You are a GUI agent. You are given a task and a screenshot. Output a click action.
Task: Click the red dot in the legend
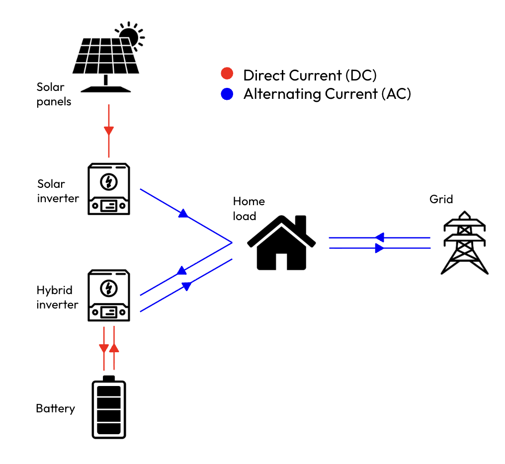[x=227, y=75]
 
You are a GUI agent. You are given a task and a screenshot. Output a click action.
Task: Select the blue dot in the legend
[x=227, y=94]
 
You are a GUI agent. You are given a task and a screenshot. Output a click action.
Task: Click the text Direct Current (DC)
[x=310, y=76]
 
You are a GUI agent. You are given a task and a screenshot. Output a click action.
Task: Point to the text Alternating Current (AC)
[x=327, y=94]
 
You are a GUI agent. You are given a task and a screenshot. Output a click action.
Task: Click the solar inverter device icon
[x=109, y=189]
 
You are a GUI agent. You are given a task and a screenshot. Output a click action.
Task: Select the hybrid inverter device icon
[x=109, y=296]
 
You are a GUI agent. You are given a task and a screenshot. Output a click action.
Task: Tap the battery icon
[x=109, y=408]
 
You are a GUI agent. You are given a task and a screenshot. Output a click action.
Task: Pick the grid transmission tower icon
[x=464, y=243]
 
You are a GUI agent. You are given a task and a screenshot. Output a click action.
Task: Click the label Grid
[x=441, y=200]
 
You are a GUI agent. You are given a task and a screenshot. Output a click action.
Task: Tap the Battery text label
[x=55, y=409]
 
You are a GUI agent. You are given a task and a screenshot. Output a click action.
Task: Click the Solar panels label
[x=54, y=94]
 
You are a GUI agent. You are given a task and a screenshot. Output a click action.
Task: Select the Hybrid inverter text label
[x=57, y=297]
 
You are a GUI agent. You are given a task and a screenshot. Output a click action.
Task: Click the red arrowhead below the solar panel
[x=109, y=131]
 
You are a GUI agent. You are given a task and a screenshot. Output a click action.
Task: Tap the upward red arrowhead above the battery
[x=114, y=348]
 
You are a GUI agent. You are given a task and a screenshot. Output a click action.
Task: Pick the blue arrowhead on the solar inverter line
[x=183, y=214]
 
